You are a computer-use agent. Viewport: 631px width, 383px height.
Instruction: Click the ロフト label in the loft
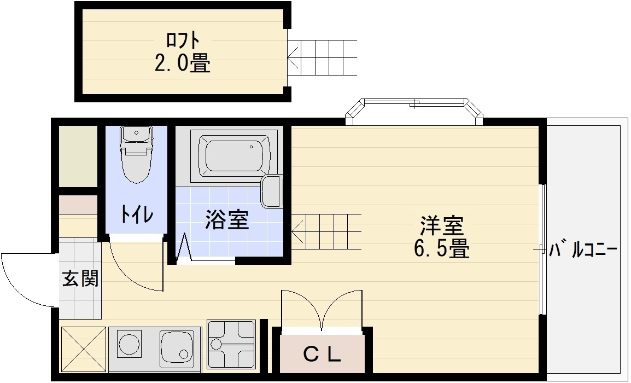[183, 40]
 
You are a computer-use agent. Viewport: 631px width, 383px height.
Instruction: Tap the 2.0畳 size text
[182, 63]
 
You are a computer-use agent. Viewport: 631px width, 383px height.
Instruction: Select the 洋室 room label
[442, 226]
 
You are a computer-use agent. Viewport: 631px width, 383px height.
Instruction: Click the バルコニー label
[583, 250]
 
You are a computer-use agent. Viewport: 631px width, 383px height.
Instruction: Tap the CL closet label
[322, 355]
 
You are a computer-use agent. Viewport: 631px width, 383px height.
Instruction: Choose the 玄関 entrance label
[80, 278]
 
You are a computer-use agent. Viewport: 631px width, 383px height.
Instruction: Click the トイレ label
[137, 214]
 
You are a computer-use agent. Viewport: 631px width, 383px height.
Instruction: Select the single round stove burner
[129, 344]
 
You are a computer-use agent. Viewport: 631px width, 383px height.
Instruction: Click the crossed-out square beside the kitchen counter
[83, 349]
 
